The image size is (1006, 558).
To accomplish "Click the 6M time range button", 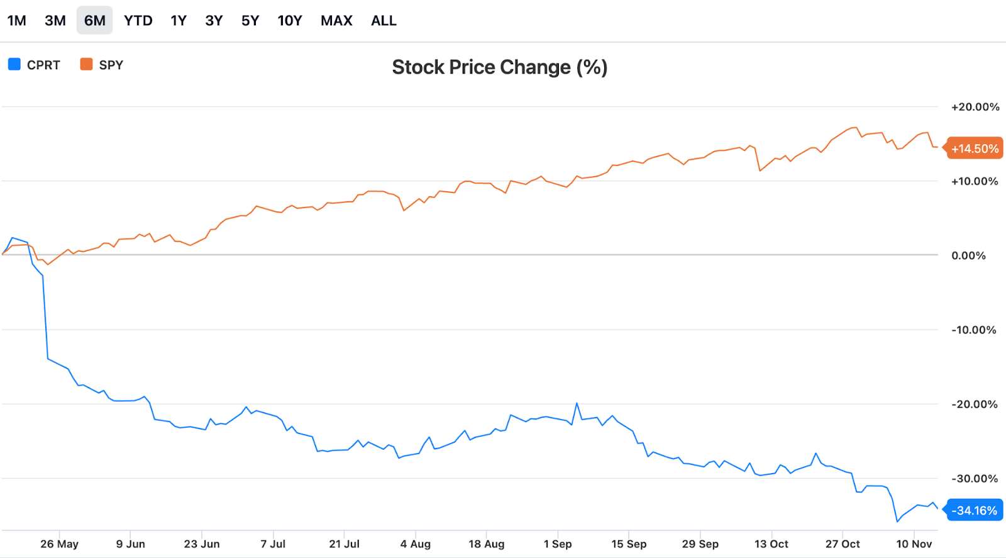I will tap(94, 21).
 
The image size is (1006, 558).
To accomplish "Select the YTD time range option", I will tap(138, 21).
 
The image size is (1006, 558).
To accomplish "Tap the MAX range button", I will tap(336, 21).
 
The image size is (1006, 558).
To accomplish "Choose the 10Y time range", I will tap(290, 21).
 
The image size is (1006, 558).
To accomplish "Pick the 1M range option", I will tap(17, 21).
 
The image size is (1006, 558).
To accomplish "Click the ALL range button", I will tap(384, 21).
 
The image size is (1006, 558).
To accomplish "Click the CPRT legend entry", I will tap(35, 65).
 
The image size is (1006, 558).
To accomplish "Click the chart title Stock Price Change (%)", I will tap(500, 67).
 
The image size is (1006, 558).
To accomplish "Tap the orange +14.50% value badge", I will tap(975, 148).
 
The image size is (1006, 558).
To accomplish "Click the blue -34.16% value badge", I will tap(974, 510).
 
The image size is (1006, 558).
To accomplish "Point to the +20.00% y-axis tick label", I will tap(975, 107).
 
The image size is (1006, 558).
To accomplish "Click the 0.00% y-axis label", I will tap(968, 255).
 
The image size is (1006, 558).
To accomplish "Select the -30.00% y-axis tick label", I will tap(975, 478).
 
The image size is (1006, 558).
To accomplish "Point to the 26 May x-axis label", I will tap(59, 544).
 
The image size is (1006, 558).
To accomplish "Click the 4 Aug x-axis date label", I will tap(416, 544).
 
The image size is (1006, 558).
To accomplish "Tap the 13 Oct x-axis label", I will tap(771, 544).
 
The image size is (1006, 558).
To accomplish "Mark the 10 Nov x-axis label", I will tap(914, 544).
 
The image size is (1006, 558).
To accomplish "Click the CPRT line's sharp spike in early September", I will tap(577, 403).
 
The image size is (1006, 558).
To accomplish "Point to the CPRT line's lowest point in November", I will tap(897, 522).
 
